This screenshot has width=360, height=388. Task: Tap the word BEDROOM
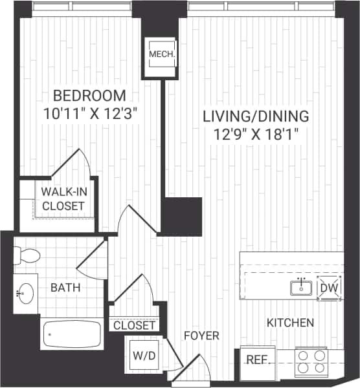pyautogui.click(x=89, y=96)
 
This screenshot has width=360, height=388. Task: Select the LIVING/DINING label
pyautogui.click(x=256, y=117)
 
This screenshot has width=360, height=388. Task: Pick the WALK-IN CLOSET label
pyautogui.click(x=63, y=199)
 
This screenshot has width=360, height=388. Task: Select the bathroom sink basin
pyautogui.click(x=26, y=295)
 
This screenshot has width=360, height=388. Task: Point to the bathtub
pyautogui.click(x=71, y=334)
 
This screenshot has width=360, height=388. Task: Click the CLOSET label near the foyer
pyautogui.click(x=135, y=325)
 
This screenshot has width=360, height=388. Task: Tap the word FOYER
pyautogui.click(x=201, y=336)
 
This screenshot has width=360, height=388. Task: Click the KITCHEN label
pyautogui.click(x=290, y=322)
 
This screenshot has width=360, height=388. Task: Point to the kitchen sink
pyautogui.click(x=301, y=287)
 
